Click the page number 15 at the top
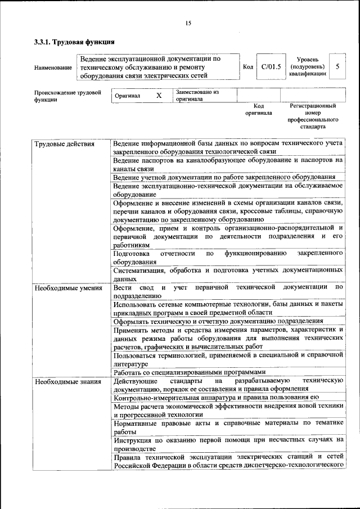188,23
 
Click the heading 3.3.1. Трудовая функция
74,42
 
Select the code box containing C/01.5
271,67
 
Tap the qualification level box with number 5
337,66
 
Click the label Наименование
53,67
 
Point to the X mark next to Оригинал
159,96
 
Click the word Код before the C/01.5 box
247,67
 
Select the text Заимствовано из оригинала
197,95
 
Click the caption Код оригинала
258,109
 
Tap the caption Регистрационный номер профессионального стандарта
313,116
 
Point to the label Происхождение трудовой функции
67,96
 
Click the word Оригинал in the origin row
127,96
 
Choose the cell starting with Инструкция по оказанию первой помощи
228,444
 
